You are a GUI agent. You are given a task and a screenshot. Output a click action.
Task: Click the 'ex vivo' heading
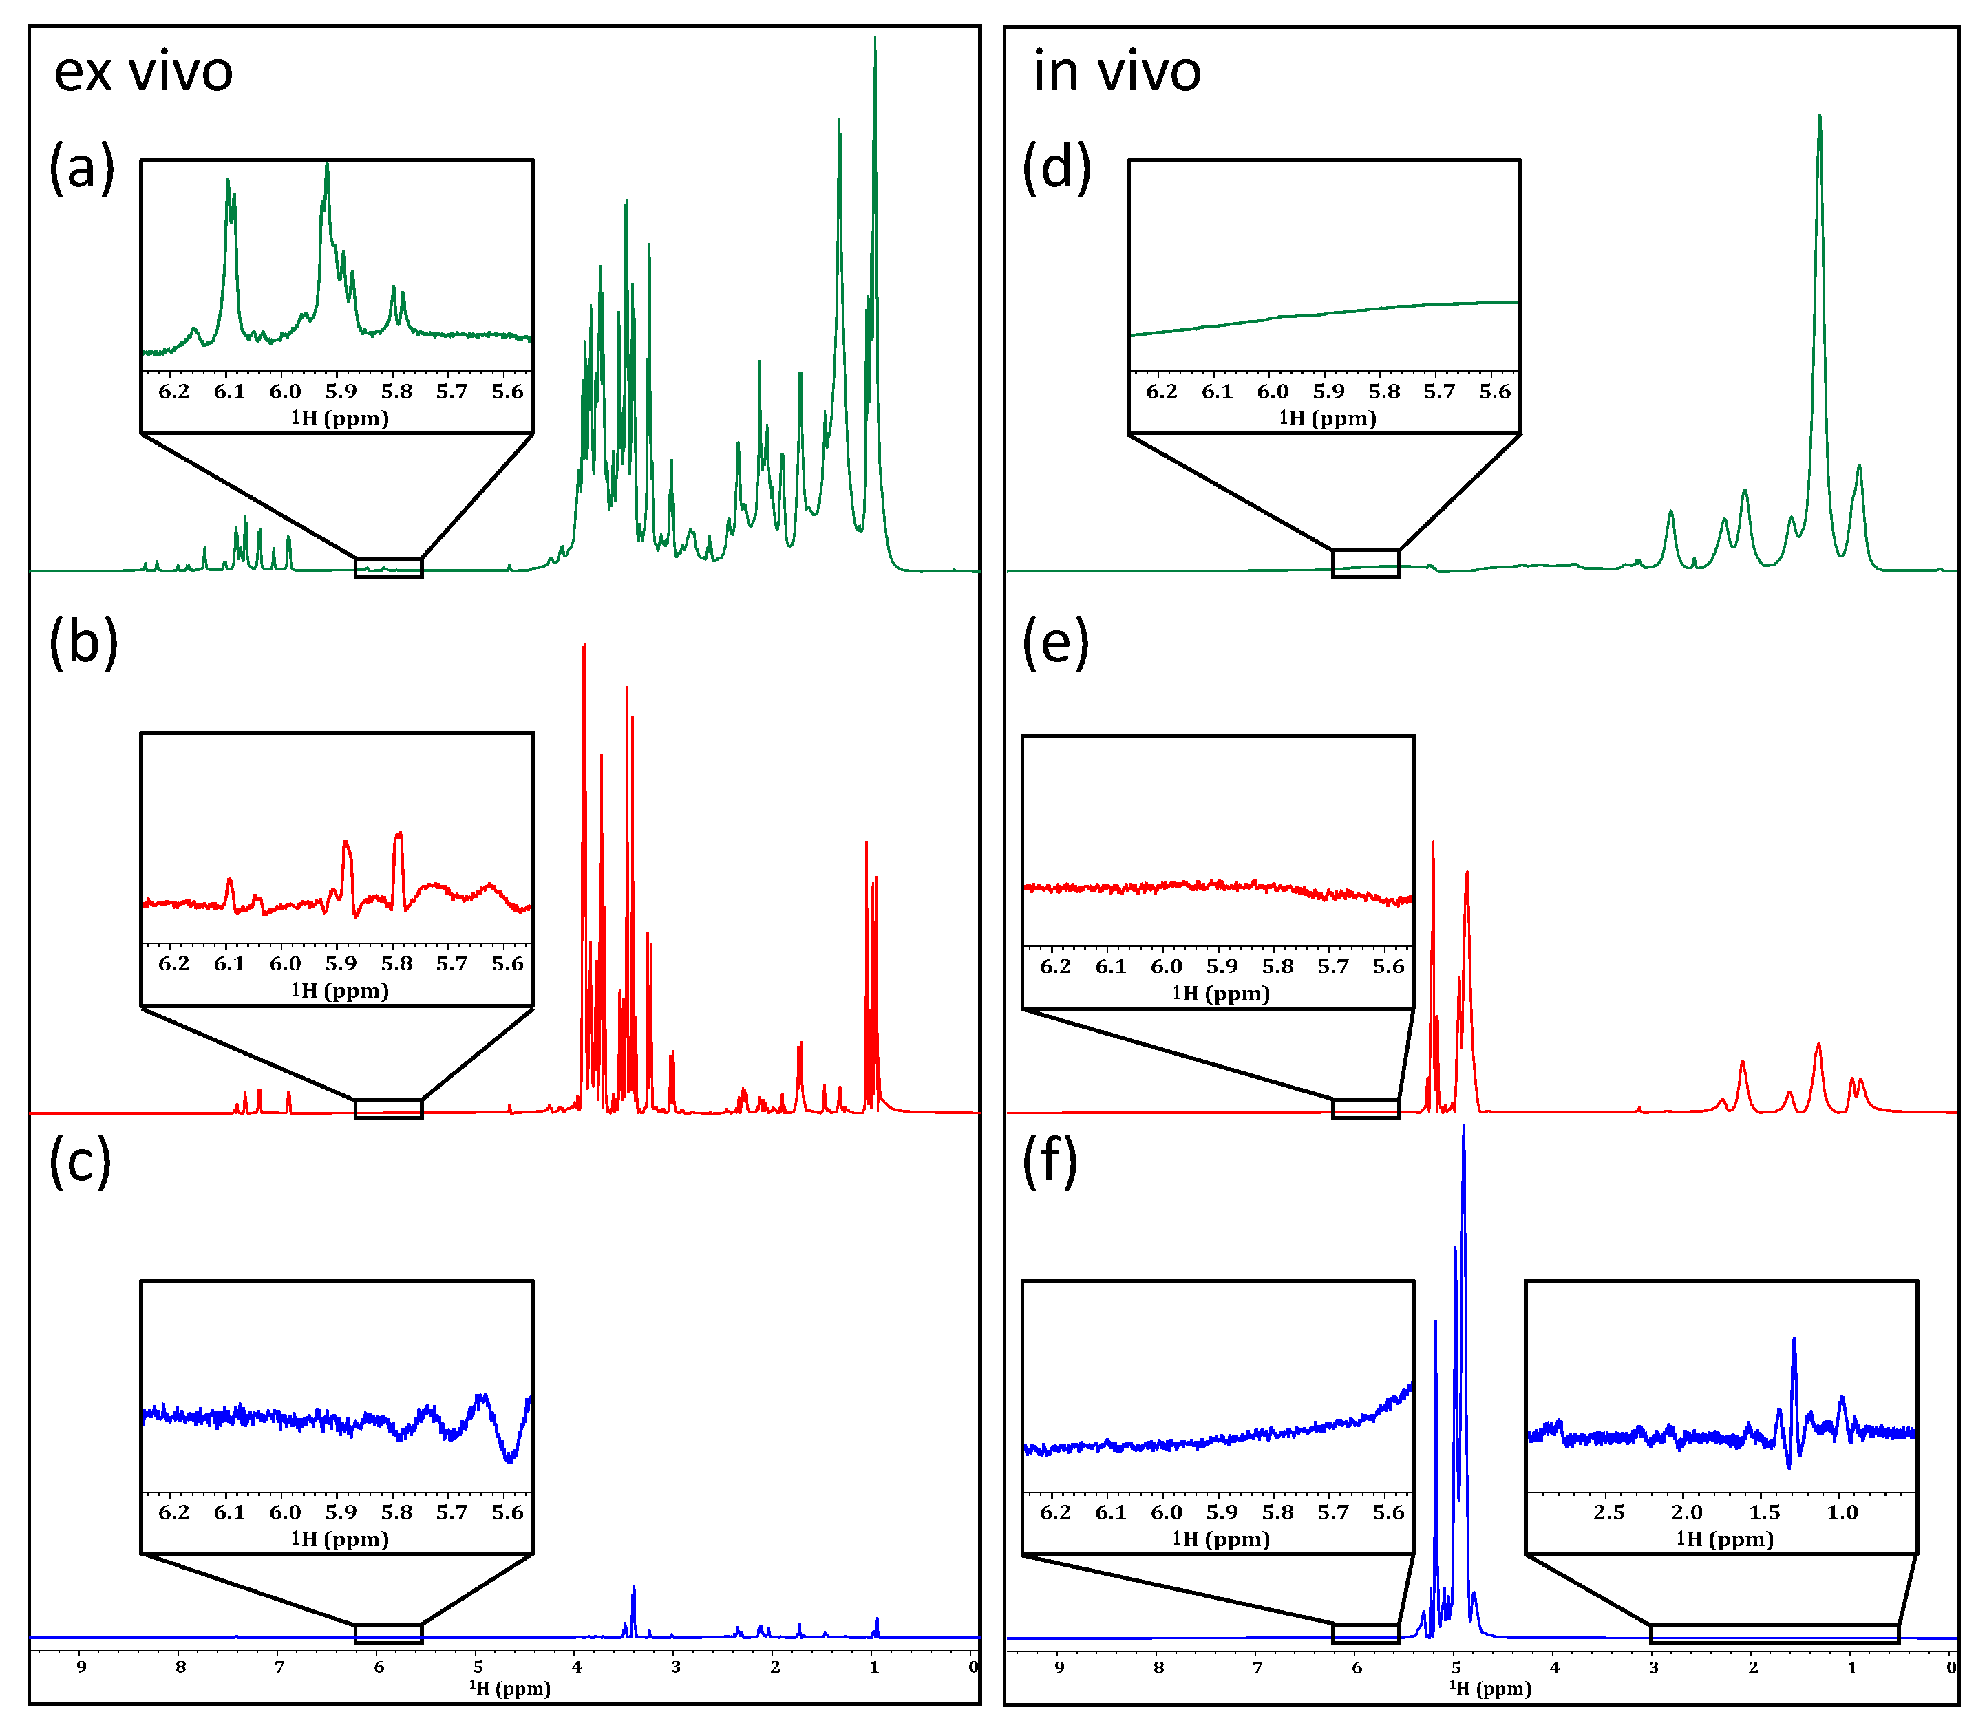click(143, 72)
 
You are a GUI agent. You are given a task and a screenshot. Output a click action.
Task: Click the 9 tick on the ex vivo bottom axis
click(81, 1667)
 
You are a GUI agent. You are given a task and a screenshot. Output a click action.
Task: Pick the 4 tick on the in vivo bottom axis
click(1554, 1667)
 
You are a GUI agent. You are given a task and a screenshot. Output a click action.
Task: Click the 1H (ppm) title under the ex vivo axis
click(510, 1689)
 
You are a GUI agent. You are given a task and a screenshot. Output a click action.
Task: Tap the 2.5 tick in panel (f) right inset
click(1608, 1512)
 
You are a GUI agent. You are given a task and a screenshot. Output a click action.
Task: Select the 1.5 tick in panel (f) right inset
click(1763, 1512)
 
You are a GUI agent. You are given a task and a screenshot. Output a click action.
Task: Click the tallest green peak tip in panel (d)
click(1820, 116)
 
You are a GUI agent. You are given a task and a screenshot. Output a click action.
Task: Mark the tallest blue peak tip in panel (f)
click(1463, 1126)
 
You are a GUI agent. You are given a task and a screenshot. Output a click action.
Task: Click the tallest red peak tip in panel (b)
click(584, 645)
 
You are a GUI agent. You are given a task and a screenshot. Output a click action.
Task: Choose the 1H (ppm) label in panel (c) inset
click(340, 1539)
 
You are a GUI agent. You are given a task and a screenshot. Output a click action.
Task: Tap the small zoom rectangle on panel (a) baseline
click(389, 568)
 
